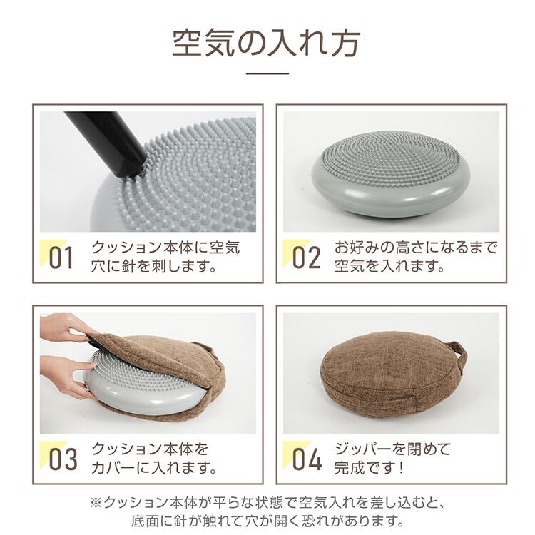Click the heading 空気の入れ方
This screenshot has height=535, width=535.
(x=267, y=44)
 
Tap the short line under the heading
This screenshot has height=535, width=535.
(x=267, y=73)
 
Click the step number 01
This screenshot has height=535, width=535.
(x=61, y=258)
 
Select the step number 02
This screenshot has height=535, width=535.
(x=306, y=258)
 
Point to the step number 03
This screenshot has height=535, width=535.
(x=63, y=459)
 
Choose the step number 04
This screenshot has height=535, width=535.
(x=307, y=459)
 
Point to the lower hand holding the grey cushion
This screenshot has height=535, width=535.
(x=65, y=375)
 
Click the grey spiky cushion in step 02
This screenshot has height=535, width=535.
(x=391, y=173)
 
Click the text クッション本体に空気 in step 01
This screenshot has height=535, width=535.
(x=165, y=248)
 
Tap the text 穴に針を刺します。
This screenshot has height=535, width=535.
(x=154, y=266)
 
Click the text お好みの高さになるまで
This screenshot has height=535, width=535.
(x=416, y=248)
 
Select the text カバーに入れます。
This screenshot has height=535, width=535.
(x=154, y=467)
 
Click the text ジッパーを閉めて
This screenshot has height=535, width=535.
(x=393, y=449)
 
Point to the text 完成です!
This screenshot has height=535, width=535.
(x=369, y=467)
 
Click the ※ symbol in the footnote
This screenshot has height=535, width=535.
(x=96, y=503)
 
